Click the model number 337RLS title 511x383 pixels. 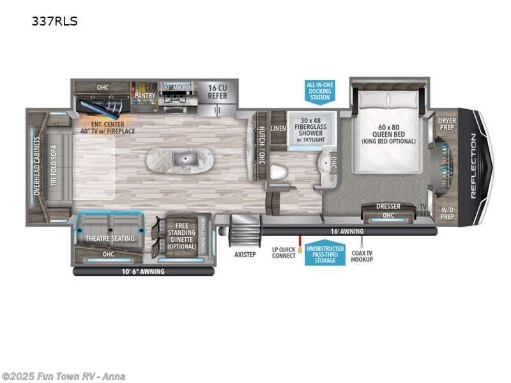(54, 21)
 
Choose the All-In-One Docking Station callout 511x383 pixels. (319, 91)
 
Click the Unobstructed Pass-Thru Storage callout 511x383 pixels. (324, 255)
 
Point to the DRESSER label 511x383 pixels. (388, 206)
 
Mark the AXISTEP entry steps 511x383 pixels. (245, 253)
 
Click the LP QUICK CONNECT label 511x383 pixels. (284, 253)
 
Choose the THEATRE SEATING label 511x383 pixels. (111, 239)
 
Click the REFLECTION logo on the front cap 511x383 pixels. (473, 166)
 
